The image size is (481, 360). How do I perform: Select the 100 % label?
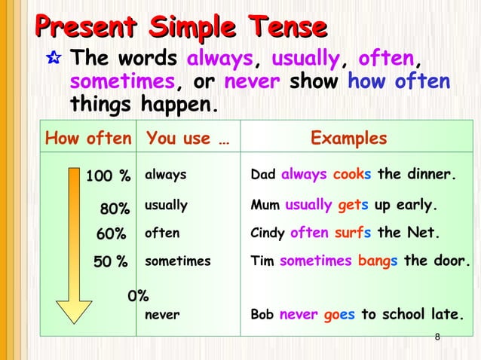click(108, 176)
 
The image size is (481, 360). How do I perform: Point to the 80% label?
click(115, 207)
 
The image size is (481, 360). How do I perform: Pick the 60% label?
click(112, 234)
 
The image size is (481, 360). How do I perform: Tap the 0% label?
click(137, 296)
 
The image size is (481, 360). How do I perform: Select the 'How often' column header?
click(89, 139)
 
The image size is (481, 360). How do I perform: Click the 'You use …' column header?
click(188, 139)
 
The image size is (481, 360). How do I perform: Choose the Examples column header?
click(349, 139)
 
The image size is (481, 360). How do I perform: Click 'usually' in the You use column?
click(166, 205)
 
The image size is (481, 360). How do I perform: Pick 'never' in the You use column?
click(161, 316)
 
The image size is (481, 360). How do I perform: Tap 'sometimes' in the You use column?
click(178, 262)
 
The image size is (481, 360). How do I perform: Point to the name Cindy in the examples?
click(268, 233)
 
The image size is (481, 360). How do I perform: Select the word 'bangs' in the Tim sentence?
click(378, 262)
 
